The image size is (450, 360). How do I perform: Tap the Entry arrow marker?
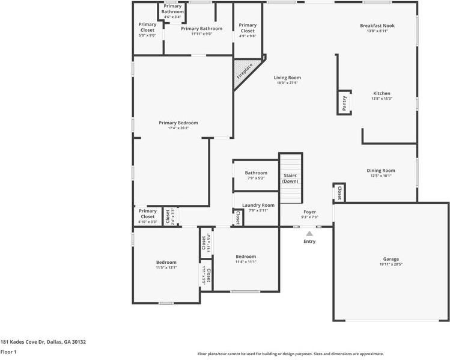(x=309, y=234)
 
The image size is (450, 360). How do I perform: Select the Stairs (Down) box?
(x=290, y=178)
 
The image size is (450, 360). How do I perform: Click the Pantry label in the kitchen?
(x=344, y=103)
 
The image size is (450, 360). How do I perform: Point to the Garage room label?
(x=391, y=259)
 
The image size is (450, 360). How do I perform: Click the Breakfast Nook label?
(x=377, y=26)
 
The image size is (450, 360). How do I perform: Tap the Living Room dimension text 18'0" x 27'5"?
(x=287, y=83)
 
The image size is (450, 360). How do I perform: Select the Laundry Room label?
(x=254, y=205)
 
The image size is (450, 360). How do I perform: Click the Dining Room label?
(x=381, y=170)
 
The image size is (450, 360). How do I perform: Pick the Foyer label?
(x=309, y=212)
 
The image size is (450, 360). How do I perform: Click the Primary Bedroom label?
(x=178, y=123)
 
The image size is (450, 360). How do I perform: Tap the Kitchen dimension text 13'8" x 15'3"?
(x=382, y=99)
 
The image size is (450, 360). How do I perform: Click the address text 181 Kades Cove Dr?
(x=43, y=342)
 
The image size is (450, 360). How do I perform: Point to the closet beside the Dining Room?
(x=339, y=193)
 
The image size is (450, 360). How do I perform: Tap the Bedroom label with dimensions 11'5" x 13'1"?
(x=166, y=262)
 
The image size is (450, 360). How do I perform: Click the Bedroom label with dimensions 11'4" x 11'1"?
(x=246, y=257)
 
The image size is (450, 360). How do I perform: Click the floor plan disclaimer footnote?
(x=291, y=354)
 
